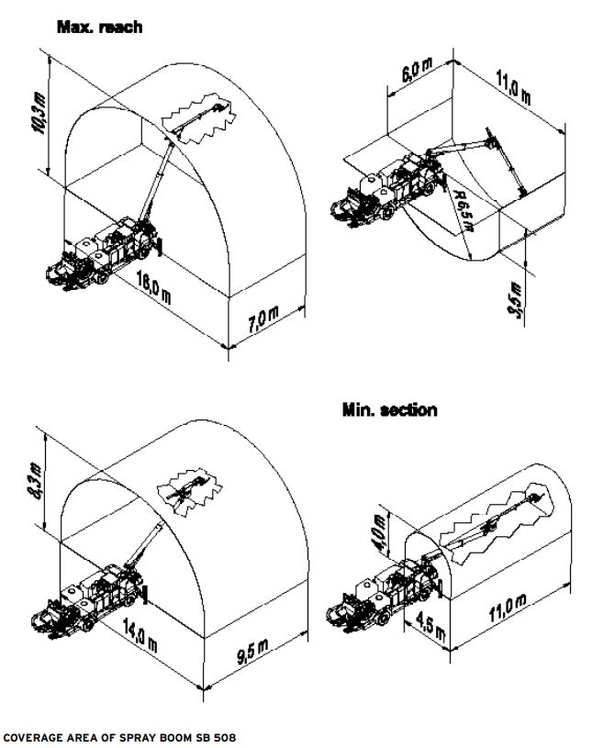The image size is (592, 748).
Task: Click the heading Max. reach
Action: click(100, 28)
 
